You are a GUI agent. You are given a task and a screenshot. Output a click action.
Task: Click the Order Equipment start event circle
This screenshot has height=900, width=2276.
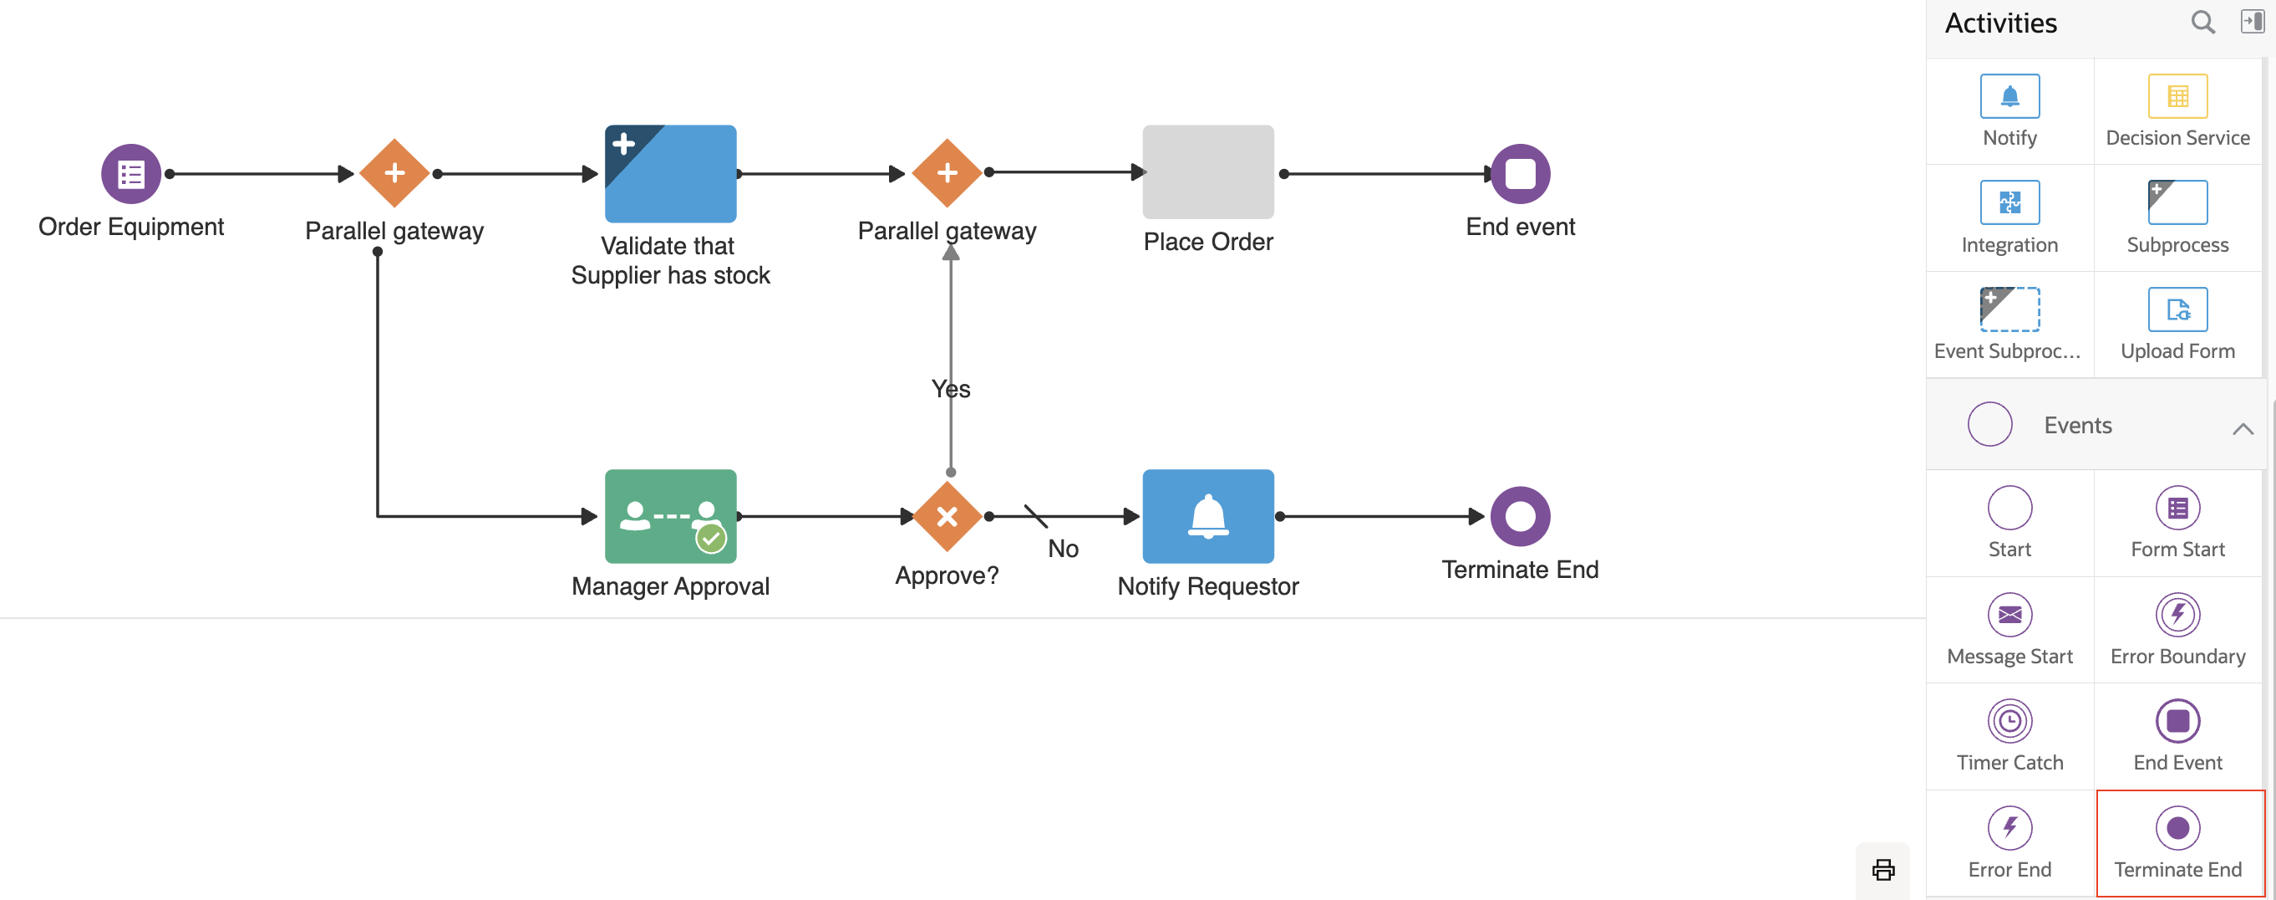(x=131, y=173)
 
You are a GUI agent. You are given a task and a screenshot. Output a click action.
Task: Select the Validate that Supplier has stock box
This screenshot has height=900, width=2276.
(x=670, y=173)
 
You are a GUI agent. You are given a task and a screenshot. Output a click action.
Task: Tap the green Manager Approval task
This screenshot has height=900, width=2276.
(x=670, y=515)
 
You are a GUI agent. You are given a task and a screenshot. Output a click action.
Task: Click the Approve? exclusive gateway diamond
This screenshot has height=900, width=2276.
(x=947, y=515)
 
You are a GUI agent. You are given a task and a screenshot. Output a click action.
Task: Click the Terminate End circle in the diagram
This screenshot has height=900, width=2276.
(x=1519, y=515)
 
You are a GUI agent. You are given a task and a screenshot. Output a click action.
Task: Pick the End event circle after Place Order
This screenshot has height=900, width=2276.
(x=1519, y=173)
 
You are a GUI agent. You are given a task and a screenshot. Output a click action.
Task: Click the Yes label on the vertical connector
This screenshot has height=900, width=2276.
(x=951, y=389)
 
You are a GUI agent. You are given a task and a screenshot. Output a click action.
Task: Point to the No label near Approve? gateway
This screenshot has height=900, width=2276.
(x=1062, y=549)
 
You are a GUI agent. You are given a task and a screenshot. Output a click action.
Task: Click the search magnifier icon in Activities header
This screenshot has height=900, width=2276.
(x=2202, y=22)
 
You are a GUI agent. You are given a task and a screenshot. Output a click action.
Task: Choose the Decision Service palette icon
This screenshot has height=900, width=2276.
(x=2177, y=96)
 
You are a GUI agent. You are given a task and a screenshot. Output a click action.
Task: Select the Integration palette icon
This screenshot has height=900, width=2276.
(x=2009, y=202)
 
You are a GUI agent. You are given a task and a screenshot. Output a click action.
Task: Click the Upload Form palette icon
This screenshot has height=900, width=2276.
(x=2177, y=309)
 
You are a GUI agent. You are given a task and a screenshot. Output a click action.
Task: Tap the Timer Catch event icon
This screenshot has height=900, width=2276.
(x=2009, y=720)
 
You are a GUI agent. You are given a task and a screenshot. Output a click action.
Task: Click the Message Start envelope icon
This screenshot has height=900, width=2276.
(x=2009, y=614)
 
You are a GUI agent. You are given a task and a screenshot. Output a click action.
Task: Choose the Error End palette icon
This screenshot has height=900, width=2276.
(x=2009, y=827)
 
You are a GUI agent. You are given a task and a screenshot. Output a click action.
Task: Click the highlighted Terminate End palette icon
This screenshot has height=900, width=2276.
(x=2177, y=827)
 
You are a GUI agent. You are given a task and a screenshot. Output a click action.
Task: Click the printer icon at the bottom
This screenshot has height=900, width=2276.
(x=1882, y=869)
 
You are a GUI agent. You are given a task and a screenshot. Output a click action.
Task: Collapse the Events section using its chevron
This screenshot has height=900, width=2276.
(x=2242, y=429)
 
